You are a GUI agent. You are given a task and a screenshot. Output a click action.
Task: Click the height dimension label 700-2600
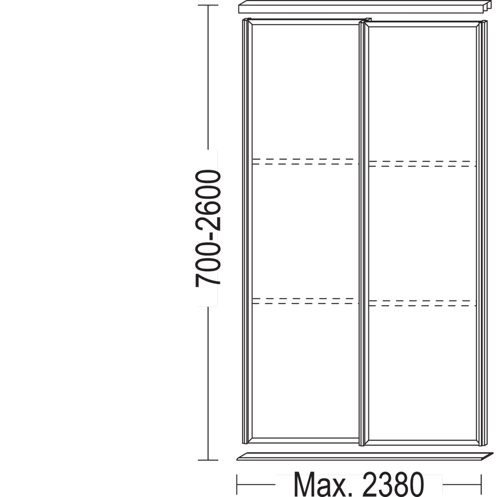pos(208,228)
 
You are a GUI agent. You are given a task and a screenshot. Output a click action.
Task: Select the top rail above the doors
pos(365,7)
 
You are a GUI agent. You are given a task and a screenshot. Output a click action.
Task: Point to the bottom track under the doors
pos(365,456)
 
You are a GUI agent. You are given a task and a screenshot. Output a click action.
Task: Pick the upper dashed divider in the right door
pos(423,164)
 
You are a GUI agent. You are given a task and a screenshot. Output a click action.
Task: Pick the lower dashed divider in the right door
pos(423,303)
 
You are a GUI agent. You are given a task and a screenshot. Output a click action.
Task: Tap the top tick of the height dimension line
pos(208,5)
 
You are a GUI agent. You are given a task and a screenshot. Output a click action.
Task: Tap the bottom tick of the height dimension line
pos(208,460)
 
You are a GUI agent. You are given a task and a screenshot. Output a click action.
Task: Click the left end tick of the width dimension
pos(237,484)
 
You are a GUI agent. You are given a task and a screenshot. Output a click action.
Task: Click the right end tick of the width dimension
pos(481,484)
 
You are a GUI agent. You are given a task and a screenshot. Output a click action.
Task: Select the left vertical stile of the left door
pos(247,231)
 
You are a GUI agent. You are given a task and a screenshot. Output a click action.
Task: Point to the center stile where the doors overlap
pos(364,233)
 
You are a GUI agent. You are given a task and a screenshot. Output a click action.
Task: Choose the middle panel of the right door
pos(423,233)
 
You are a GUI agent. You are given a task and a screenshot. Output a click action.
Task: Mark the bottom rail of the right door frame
pos(423,443)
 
